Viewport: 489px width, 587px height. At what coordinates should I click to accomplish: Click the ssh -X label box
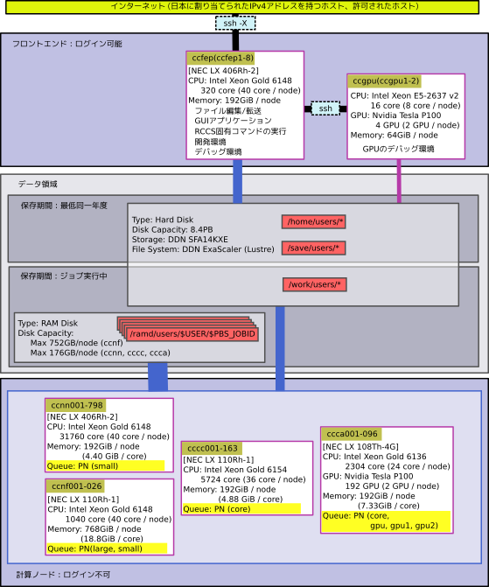coord(235,24)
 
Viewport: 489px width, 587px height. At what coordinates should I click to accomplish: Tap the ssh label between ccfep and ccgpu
coord(325,108)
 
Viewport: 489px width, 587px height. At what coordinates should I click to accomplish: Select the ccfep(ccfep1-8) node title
coord(221,58)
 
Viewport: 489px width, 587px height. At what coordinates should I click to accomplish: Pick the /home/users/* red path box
coord(314,221)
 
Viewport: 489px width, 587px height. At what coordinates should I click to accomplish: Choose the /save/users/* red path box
coord(314,248)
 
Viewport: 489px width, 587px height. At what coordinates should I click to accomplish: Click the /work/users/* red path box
coord(315,284)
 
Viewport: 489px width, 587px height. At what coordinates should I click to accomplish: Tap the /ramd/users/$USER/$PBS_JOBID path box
coord(192,334)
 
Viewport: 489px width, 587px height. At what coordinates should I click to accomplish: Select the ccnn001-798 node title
coord(76,405)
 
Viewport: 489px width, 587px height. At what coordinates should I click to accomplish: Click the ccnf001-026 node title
coord(75,486)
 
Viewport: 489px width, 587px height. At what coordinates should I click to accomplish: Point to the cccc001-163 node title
coord(212,448)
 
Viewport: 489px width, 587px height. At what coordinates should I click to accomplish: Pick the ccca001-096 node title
coord(351,434)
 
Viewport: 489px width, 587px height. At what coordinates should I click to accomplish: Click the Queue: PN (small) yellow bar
coord(105,466)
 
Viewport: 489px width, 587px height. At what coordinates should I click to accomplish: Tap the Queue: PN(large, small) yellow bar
coord(107,549)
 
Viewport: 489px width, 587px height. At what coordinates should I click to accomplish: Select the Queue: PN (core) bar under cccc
coord(241,509)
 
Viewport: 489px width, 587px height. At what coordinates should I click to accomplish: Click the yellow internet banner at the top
coord(242,7)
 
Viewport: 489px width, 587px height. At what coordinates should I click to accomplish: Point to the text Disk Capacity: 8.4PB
coord(172,229)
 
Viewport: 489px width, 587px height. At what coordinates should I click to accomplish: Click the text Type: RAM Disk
coord(47,323)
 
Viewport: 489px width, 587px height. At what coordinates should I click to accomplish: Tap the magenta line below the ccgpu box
coord(399,181)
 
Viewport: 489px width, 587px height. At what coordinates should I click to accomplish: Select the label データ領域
coord(38,185)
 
